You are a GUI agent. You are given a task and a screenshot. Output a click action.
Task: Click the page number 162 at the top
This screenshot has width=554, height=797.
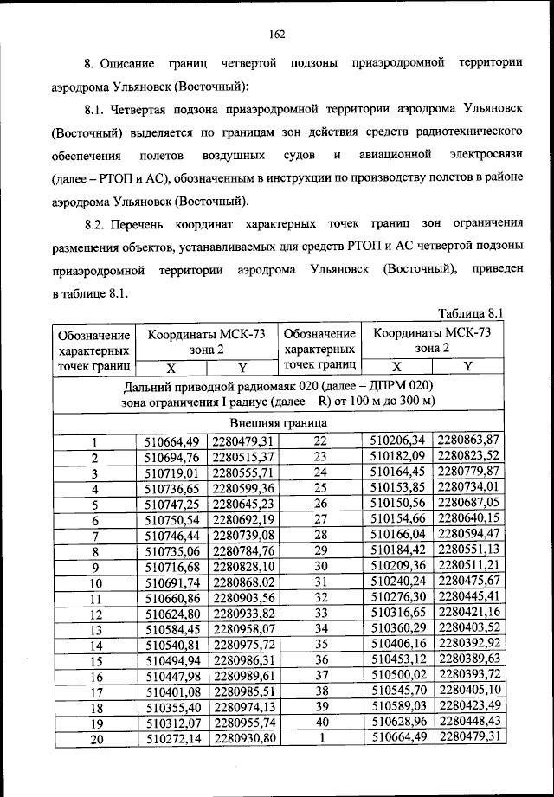point(277,34)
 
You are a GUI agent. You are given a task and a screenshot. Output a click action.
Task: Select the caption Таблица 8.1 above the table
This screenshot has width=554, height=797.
point(471,313)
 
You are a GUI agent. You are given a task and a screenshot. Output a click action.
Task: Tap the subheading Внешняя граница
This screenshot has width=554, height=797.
point(278,424)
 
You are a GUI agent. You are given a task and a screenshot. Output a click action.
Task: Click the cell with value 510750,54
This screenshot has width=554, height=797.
point(171,520)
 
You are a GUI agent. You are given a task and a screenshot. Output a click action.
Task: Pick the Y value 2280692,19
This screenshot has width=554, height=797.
point(243,520)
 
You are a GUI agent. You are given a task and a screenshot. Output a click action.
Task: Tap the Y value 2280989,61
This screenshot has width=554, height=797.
point(243,677)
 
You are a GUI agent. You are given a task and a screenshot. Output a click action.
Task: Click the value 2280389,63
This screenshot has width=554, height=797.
point(469,659)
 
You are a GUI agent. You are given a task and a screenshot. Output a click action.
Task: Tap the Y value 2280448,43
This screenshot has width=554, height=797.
point(469,723)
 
